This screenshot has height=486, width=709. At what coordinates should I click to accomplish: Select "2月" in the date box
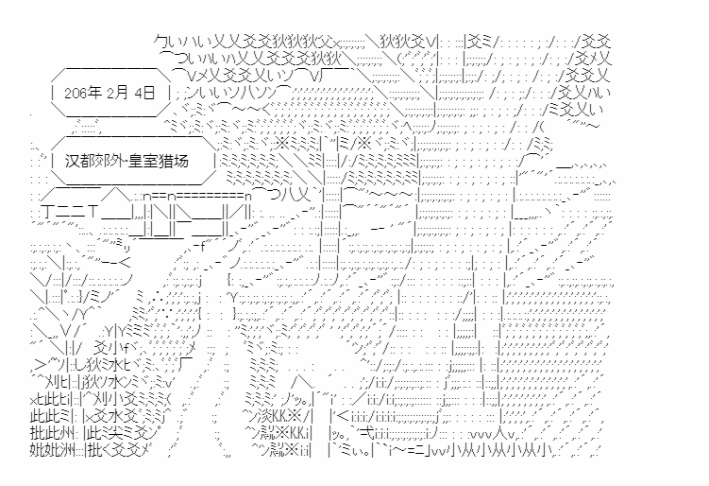point(118,94)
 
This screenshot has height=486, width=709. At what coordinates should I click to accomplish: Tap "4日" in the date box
point(145,94)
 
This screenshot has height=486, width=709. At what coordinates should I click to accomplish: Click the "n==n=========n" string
point(196,197)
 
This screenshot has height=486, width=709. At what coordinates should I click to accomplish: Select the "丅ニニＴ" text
point(69,212)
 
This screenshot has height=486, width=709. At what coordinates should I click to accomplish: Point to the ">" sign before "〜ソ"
point(39,365)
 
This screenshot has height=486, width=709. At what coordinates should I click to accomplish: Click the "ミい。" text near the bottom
point(352,451)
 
